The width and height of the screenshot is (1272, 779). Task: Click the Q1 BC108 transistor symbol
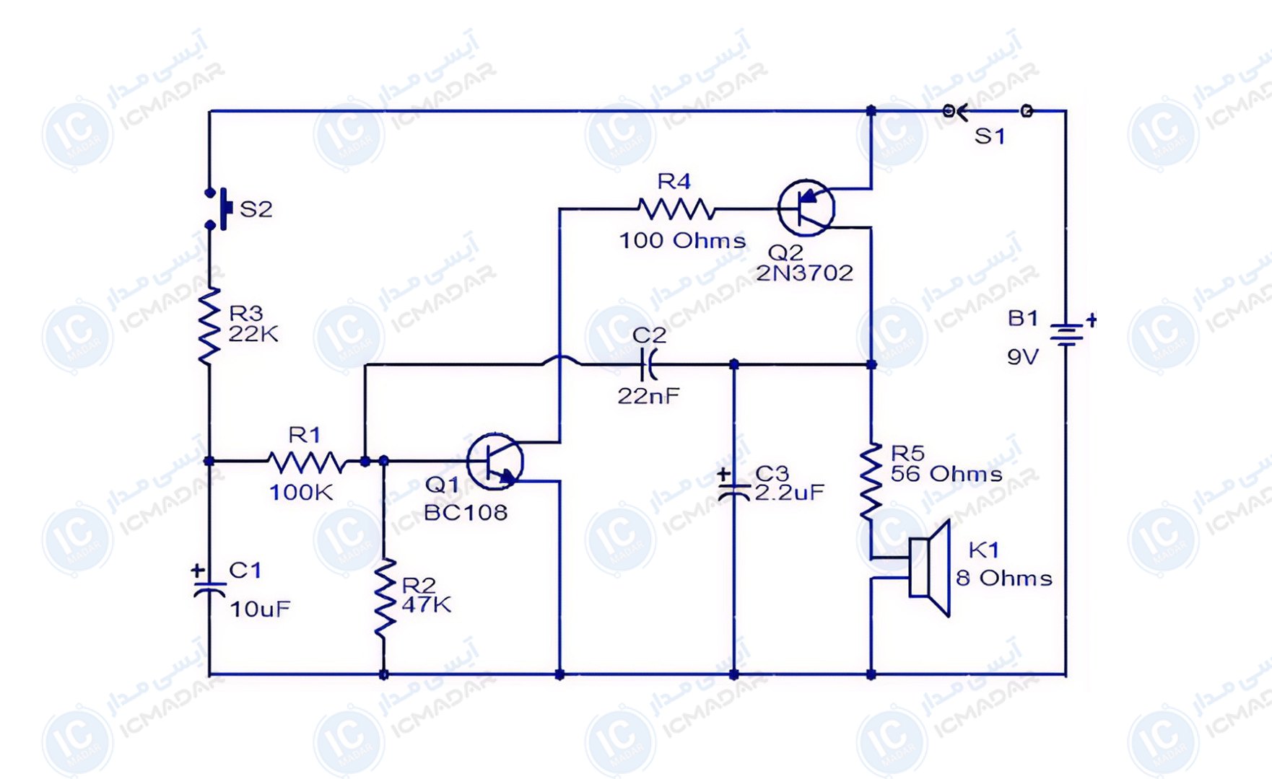495,462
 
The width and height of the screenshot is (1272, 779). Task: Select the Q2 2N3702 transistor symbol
806,208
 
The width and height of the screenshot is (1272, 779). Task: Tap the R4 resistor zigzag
676,209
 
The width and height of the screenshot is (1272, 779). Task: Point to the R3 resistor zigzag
209,326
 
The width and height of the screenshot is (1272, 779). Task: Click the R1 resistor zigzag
307,462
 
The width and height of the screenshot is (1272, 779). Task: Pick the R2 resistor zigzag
384,597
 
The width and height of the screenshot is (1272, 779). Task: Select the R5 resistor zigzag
871,482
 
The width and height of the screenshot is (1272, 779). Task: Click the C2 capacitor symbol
648,365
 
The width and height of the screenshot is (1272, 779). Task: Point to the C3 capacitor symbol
733,487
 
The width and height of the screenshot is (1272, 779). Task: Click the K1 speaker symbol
928,568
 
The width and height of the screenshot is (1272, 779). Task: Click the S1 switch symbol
988,111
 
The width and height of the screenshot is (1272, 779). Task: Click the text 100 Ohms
682,240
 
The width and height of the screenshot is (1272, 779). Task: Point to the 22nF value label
648,395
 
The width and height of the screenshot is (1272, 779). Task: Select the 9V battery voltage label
1023,357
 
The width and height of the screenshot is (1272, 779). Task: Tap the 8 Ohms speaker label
1004,578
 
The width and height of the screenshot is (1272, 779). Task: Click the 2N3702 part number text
804,273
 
